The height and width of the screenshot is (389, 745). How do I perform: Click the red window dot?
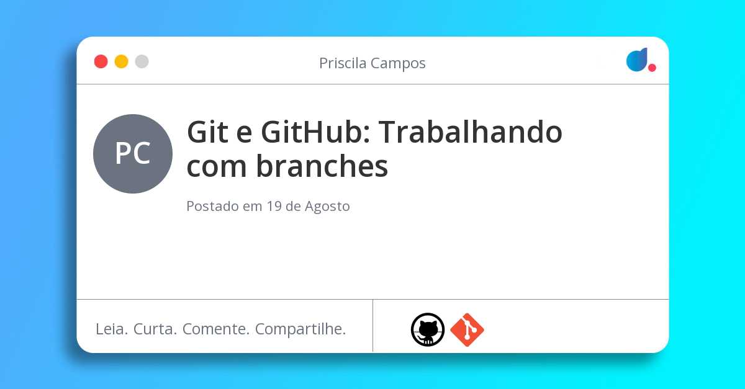[101, 61]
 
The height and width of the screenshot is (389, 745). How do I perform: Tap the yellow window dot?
[122, 61]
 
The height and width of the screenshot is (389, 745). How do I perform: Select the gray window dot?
[142, 61]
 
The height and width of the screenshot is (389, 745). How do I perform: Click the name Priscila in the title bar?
[343, 63]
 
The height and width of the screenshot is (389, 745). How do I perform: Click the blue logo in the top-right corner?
[636, 60]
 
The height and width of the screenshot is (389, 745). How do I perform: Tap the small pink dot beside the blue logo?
[652, 68]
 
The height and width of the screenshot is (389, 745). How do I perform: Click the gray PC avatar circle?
[133, 154]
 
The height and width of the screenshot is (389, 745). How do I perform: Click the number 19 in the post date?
[274, 207]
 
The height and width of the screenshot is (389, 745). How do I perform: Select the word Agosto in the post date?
[327, 207]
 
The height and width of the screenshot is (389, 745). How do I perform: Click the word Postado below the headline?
[212, 207]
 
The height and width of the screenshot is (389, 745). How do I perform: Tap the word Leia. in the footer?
[112, 329]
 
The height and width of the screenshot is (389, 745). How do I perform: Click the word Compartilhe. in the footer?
[300, 329]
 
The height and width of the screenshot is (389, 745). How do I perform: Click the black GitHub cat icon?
[428, 329]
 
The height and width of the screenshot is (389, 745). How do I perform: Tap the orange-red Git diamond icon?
[467, 329]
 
